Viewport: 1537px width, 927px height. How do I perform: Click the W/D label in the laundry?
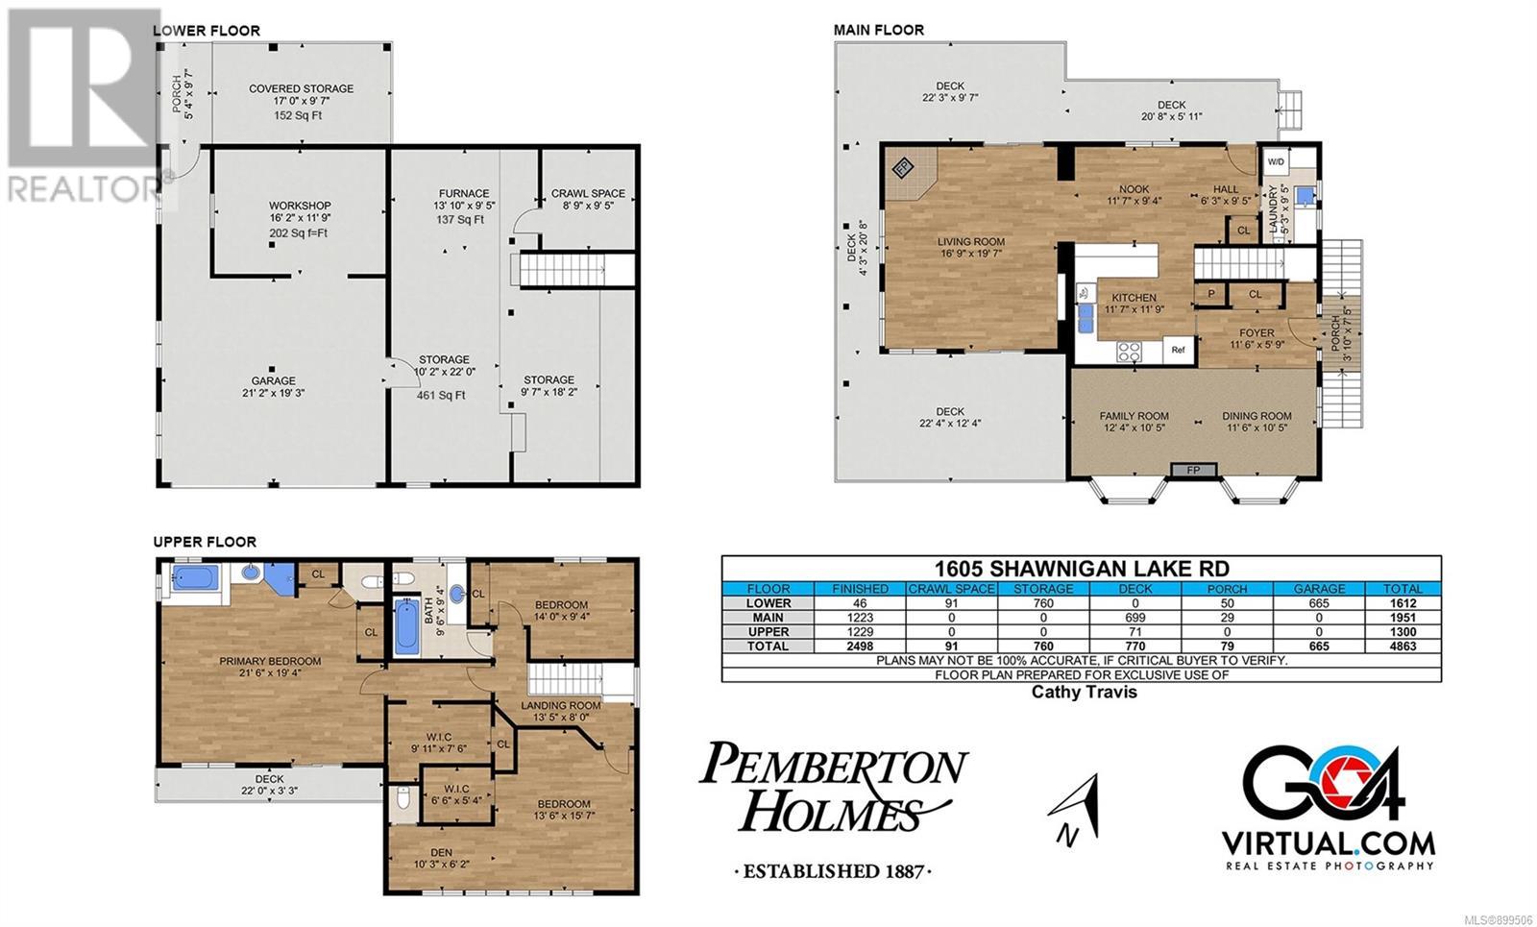(1276, 162)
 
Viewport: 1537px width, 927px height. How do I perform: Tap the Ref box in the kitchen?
(1178, 350)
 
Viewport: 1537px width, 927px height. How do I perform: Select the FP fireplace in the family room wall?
(1193, 470)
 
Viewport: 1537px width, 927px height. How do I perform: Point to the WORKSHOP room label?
(300, 206)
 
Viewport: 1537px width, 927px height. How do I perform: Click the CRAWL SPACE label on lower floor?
(588, 193)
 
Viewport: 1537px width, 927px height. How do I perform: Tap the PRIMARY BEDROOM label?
(270, 661)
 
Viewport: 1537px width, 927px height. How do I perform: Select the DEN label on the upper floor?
(441, 852)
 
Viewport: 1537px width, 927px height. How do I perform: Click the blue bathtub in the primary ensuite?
(195, 577)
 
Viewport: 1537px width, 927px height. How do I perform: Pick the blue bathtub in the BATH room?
(406, 625)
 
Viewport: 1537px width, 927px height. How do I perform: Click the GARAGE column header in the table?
(1319, 589)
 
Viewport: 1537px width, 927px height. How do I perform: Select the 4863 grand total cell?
(1403, 646)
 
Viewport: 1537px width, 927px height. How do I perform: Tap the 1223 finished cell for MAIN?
(860, 618)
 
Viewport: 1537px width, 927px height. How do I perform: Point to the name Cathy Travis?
(1085, 692)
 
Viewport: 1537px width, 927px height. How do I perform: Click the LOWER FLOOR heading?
(207, 31)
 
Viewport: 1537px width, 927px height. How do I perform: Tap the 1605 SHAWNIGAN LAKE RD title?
(1082, 568)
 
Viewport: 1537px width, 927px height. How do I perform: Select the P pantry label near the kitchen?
(1211, 294)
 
